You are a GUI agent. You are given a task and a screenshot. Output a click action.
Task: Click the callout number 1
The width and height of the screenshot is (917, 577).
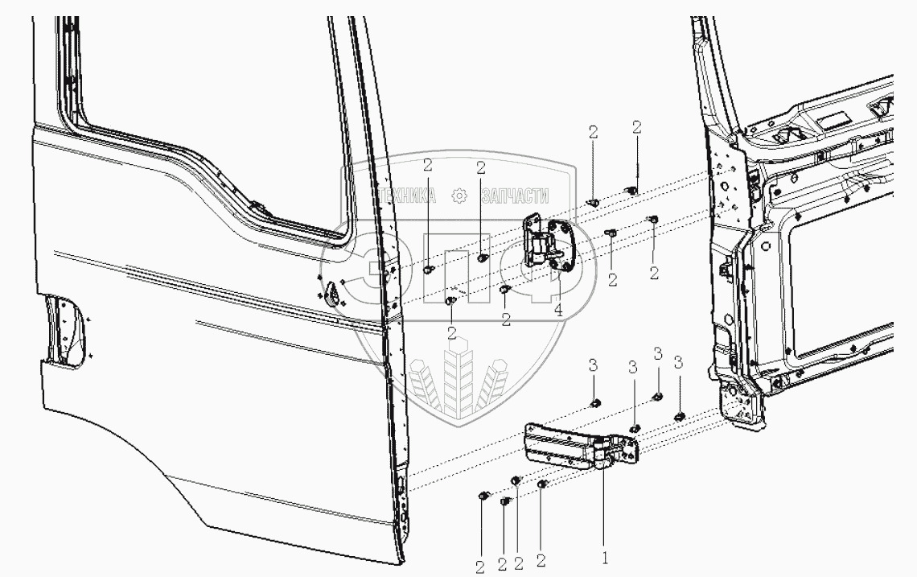[x=606, y=555]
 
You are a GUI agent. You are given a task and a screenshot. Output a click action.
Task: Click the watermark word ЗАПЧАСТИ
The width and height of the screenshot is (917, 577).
[x=515, y=196]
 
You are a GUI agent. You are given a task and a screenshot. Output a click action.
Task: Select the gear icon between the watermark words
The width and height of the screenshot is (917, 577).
[x=460, y=196]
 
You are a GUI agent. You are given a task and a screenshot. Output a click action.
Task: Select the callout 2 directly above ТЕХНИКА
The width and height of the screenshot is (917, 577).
[x=427, y=167]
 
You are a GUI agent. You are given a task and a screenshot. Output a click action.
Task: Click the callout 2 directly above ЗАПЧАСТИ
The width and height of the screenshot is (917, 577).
[x=481, y=167]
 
